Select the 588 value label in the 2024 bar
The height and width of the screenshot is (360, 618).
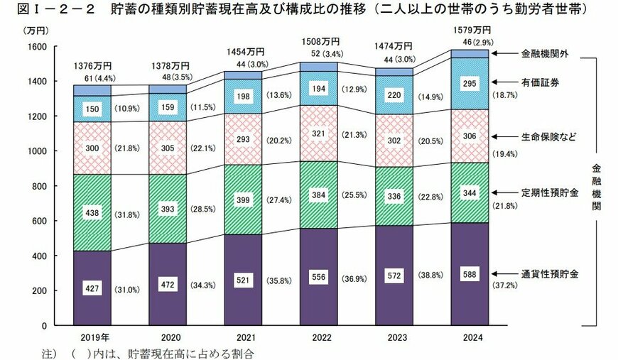click(x=470, y=273)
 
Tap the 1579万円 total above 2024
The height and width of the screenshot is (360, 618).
click(x=470, y=31)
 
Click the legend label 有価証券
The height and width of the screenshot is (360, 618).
click(x=541, y=82)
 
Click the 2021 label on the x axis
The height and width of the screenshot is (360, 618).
click(x=246, y=338)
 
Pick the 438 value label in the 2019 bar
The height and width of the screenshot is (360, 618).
click(x=92, y=212)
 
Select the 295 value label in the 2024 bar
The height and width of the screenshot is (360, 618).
click(x=470, y=83)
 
